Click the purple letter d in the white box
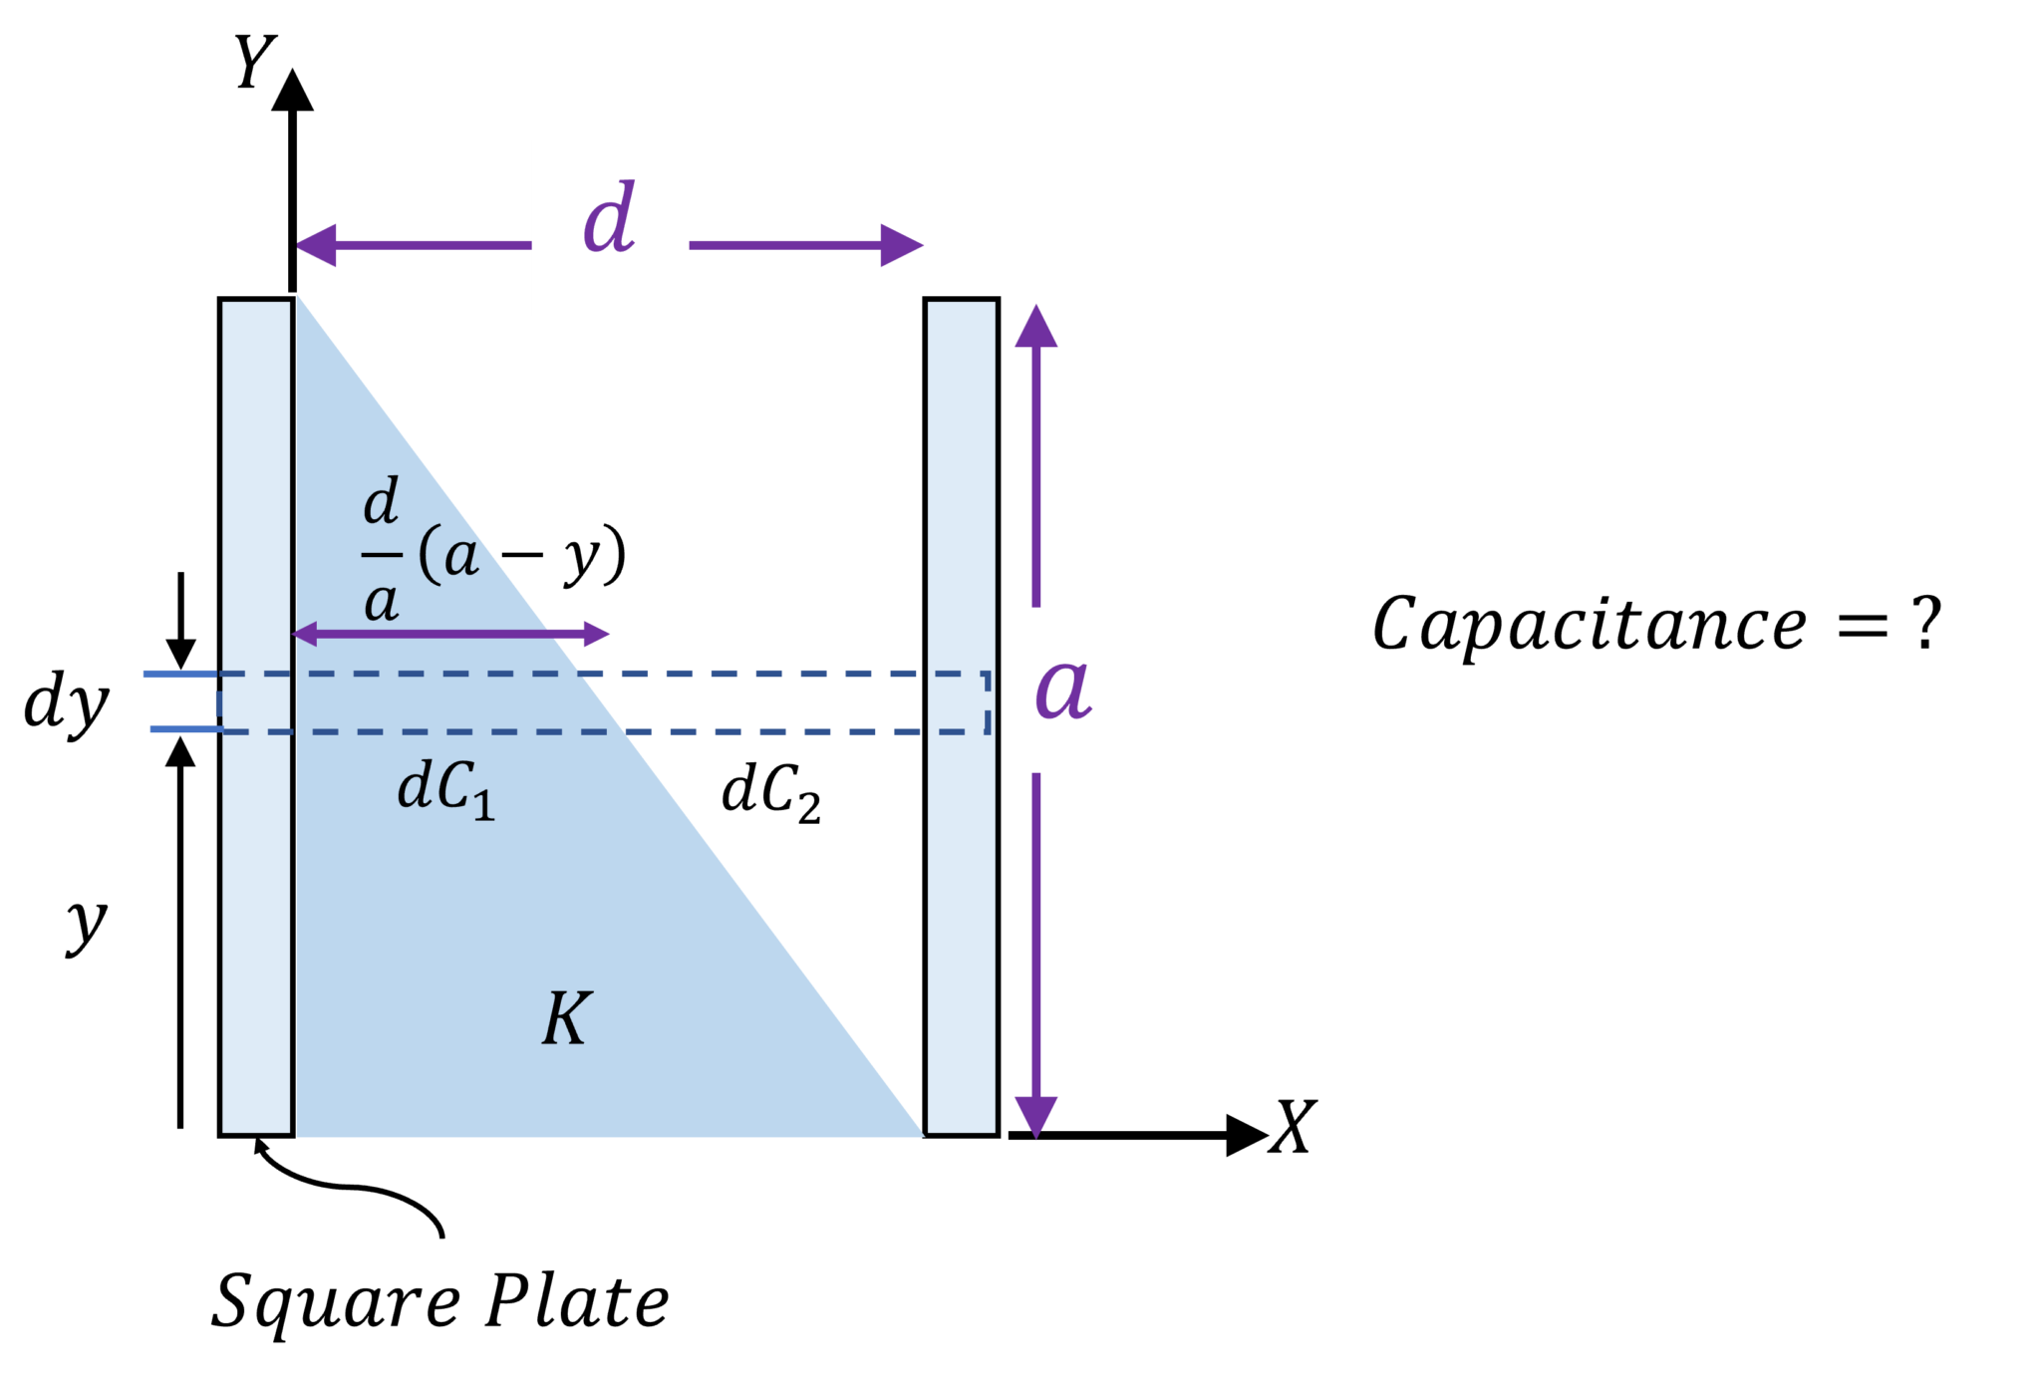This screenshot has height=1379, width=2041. pyautogui.click(x=609, y=219)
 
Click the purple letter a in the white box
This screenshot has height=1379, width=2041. pyautogui.click(x=1063, y=689)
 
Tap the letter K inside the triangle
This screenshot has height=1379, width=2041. pyautogui.click(x=567, y=1018)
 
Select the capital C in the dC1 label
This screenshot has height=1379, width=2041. pyautogui.click(x=452, y=787)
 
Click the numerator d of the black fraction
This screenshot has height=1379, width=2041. pyautogui.click(x=381, y=502)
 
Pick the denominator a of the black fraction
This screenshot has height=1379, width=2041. pyautogui.click(x=381, y=602)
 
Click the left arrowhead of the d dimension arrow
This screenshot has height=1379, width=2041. pyautogui.click(x=317, y=245)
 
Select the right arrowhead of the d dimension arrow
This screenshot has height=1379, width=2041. pyautogui.click(x=903, y=245)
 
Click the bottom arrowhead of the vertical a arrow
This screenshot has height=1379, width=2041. pyautogui.click(x=1035, y=1116)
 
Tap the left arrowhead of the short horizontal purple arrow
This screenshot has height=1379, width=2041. pyautogui.click(x=304, y=634)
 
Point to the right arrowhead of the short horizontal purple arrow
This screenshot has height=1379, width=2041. pyautogui.click(x=598, y=634)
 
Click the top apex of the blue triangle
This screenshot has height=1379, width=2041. pyautogui.click(x=298, y=297)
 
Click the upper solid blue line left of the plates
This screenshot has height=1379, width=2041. pyautogui.click(x=179, y=675)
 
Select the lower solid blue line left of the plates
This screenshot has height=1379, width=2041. pyautogui.click(x=185, y=729)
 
